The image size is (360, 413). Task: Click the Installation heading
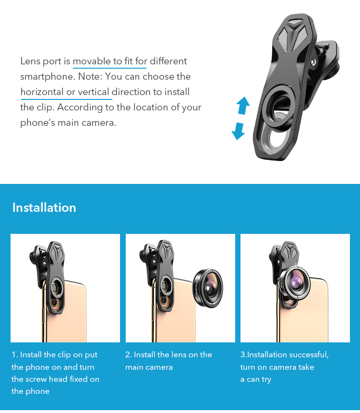(44, 207)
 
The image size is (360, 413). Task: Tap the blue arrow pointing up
(243, 105)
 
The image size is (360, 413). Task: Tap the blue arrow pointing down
(239, 131)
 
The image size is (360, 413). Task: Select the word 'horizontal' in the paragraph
(42, 92)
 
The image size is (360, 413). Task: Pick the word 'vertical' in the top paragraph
(94, 92)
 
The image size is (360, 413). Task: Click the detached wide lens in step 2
(208, 289)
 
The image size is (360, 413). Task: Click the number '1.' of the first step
(15, 355)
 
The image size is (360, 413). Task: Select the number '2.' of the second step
(129, 355)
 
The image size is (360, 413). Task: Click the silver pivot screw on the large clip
(313, 62)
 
